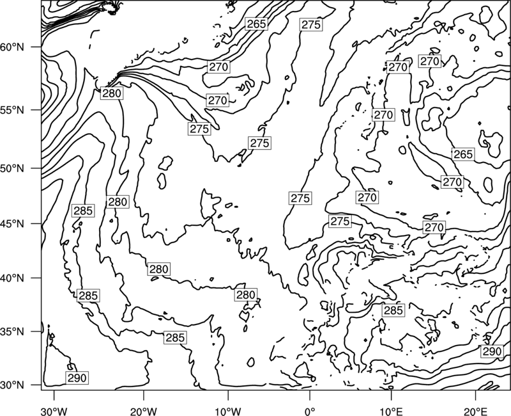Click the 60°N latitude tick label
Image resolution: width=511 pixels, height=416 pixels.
12,47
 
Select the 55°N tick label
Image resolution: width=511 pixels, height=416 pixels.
12,110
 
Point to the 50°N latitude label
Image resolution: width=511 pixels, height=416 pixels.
12,168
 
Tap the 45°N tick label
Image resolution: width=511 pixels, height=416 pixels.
12,224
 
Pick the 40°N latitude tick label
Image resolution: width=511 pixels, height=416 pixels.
12,278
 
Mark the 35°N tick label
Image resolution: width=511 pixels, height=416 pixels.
12,332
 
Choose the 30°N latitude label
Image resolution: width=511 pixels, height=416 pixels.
12,385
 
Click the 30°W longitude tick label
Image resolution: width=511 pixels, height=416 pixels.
54,412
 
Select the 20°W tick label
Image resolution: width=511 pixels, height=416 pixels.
144,412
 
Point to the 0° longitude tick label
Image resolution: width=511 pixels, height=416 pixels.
310,412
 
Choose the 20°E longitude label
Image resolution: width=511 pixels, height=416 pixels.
475,412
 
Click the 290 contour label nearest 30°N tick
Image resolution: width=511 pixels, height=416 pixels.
77,378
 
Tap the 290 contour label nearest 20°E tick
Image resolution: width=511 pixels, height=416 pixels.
491,351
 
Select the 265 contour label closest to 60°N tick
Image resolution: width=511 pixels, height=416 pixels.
257,24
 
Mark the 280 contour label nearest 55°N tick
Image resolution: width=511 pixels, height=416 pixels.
112,93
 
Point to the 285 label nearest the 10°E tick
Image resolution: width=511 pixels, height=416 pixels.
393,310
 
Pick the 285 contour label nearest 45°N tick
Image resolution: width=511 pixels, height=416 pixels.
83,211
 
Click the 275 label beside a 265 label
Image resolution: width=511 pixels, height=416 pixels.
311,24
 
